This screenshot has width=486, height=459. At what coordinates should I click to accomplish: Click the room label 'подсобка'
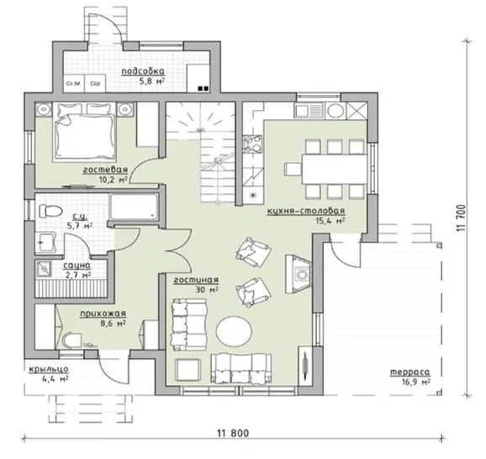click(x=143, y=71)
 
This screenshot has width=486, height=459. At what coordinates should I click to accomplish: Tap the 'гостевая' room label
click(x=105, y=170)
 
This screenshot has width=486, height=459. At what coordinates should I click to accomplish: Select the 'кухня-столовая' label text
click(x=305, y=211)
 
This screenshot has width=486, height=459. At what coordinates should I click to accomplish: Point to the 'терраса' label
click(x=409, y=372)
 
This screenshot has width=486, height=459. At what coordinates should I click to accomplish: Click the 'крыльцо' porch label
click(x=49, y=369)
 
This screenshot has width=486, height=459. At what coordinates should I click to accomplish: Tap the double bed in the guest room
click(x=84, y=132)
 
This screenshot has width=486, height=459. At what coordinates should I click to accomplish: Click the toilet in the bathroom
click(x=50, y=211)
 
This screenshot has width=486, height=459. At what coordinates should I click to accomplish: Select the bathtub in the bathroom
click(x=134, y=207)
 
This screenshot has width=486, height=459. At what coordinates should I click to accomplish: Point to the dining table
click(x=335, y=169)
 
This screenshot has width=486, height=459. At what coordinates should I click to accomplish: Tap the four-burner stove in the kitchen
click(x=252, y=145)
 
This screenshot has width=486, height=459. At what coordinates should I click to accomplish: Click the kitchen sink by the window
click(x=309, y=111)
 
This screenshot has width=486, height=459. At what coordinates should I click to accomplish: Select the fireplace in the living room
click(x=298, y=274)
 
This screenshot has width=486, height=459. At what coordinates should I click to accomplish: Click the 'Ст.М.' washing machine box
click(x=74, y=83)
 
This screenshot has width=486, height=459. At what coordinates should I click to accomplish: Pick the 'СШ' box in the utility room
click(x=95, y=83)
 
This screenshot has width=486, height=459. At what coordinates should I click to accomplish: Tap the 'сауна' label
click(x=77, y=266)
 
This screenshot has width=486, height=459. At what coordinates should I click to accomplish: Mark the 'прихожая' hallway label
click(x=103, y=314)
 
